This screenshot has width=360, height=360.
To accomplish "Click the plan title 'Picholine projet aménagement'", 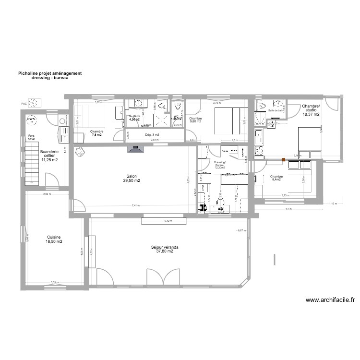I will click(50, 73).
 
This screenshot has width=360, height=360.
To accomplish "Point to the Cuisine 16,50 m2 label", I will click(54, 240).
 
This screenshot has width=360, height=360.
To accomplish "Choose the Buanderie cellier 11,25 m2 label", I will click(49, 156).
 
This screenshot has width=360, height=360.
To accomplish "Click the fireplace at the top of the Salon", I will click(135, 149).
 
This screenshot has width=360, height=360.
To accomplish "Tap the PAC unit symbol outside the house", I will click(34, 103).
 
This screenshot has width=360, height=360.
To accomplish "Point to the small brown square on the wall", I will click(284, 159).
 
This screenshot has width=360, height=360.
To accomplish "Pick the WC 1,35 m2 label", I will click(177, 118).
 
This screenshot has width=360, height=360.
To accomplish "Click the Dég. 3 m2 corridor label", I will click(152, 135).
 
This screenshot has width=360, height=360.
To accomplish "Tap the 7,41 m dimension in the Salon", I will click(136, 205).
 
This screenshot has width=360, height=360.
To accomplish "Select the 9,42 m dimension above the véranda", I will click(168, 221).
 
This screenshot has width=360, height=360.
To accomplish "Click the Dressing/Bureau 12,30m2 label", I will click(220, 165).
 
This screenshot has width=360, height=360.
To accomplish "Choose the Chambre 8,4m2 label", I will click(277, 178).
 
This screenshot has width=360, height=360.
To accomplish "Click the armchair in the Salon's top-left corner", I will click(79, 152).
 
